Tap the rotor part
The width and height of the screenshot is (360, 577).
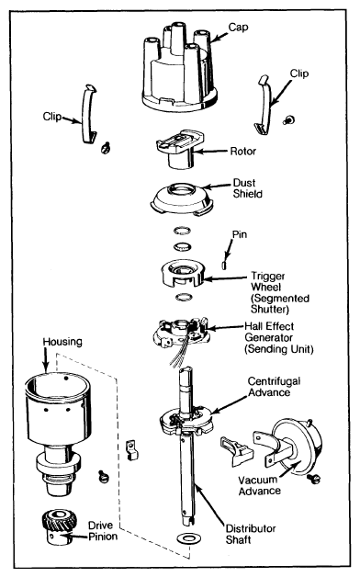tap(180, 148)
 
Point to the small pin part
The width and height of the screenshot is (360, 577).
tap(224, 265)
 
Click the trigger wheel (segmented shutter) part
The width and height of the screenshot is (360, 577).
tap(183, 274)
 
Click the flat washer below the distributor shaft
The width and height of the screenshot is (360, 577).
tap(188, 538)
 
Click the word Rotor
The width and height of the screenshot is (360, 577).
tap(243, 151)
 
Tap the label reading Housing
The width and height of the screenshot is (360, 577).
tap(62, 342)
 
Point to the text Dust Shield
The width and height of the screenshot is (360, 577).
tap(247, 188)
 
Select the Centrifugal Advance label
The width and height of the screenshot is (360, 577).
tap(274, 387)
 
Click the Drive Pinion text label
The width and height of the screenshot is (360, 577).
tap(103, 531)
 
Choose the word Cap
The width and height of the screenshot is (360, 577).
tap(238, 28)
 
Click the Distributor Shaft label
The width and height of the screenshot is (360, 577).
tap(251, 535)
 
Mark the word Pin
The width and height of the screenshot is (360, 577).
tap(240, 234)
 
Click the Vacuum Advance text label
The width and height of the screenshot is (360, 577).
tap(260, 485)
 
